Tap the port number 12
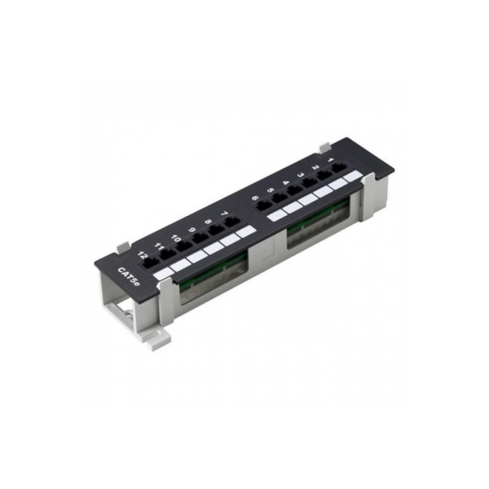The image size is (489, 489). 143,256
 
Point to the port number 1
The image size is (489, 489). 329,161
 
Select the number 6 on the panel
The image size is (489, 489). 254,199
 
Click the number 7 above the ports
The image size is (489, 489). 225,213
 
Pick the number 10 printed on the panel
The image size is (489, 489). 176,238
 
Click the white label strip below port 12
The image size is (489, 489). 163,273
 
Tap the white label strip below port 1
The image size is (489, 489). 351,176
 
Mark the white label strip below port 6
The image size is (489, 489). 276,215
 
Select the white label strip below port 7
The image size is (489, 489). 246,231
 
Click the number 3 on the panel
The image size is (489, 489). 301,175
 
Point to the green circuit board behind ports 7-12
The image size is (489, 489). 214,274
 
